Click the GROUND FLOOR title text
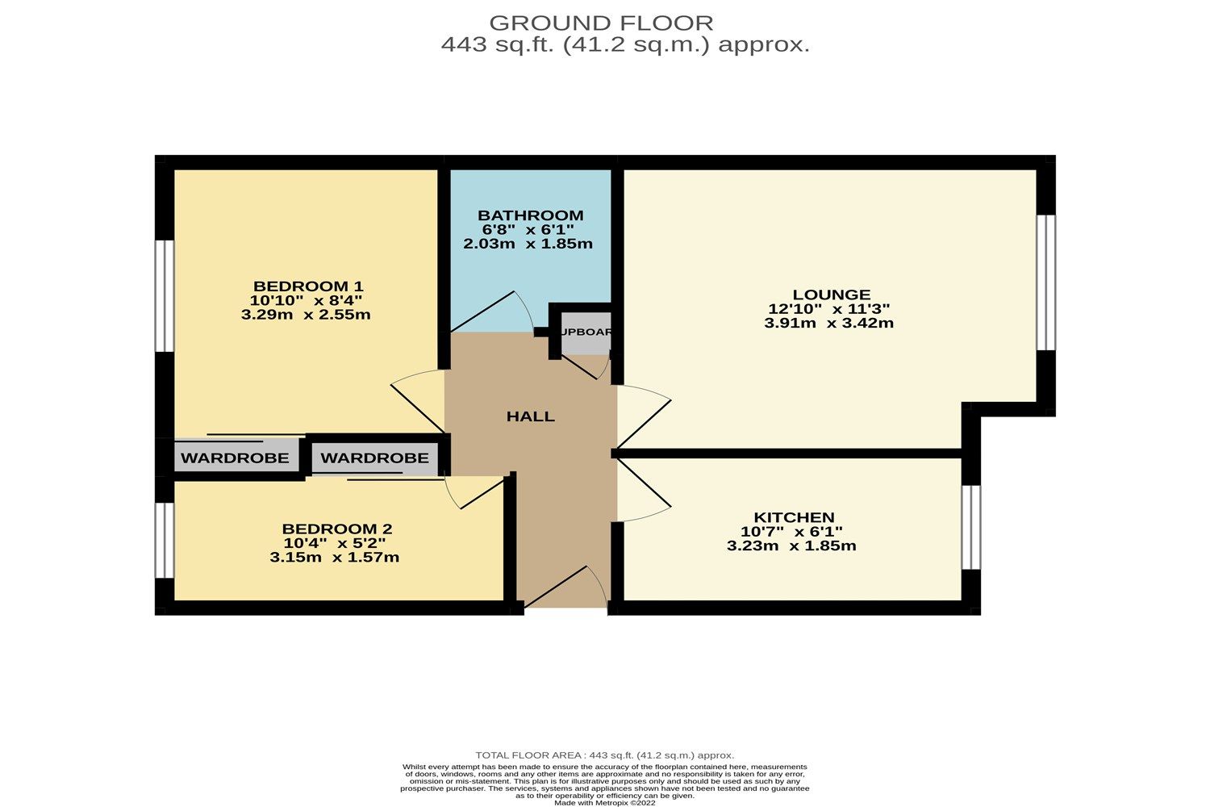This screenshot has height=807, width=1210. click(601, 23)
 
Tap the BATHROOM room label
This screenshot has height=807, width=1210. click(530, 215)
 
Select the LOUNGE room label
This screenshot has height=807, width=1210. click(831, 295)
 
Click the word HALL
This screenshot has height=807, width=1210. click(530, 416)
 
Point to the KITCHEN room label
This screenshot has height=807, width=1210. click(794, 517)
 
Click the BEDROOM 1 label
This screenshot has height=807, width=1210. click(308, 286)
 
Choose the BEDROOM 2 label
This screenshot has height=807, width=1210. click(336, 529)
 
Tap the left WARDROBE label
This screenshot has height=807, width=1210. click(235, 458)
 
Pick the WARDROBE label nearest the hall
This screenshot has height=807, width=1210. click(374, 458)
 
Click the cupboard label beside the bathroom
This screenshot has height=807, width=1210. click(586, 332)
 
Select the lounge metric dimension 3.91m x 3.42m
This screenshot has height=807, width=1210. click(828, 323)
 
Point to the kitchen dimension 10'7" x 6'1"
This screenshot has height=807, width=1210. click(791, 532)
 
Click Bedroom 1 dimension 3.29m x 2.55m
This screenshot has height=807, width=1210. click(306, 315)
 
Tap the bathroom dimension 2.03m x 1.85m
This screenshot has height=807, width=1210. click(528, 244)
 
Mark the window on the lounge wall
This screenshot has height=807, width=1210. click(1045, 282)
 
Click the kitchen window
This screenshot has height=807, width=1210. click(971, 528)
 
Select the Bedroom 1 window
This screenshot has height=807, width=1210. click(165, 295)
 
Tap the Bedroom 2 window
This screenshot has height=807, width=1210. click(165, 541)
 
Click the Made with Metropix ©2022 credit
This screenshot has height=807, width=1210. click(604, 803)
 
